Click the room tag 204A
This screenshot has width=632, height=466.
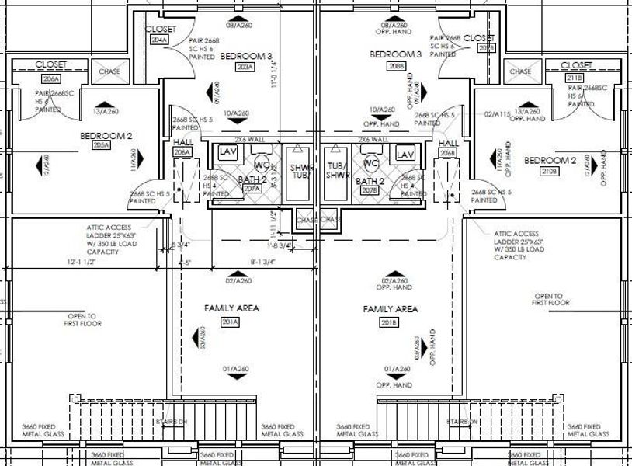(x=159, y=40)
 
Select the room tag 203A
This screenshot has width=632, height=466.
(x=245, y=68)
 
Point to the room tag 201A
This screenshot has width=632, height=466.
(x=230, y=322)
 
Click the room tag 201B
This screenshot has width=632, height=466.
(x=390, y=322)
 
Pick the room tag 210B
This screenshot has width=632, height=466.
(x=551, y=170)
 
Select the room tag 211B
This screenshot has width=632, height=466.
(x=576, y=78)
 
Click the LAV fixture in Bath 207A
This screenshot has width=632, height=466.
(x=227, y=151)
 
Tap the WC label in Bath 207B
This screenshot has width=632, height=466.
(x=371, y=164)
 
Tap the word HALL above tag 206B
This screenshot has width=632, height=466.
(x=448, y=144)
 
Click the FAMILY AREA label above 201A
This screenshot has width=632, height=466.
(x=231, y=308)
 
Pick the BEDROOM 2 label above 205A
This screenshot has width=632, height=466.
(x=106, y=135)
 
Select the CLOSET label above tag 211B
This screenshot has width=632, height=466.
(x=576, y=66)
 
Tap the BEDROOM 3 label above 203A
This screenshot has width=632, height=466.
(x=246, y=56)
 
